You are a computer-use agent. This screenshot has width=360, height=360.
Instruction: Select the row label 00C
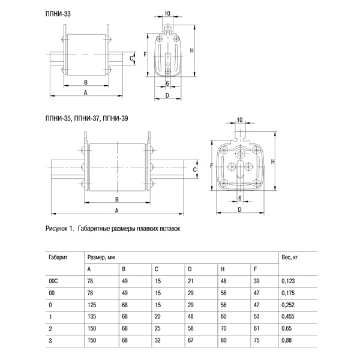click(x=53, y=280)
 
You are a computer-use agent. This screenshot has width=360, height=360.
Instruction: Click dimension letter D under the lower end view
click(x=239, y=210)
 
